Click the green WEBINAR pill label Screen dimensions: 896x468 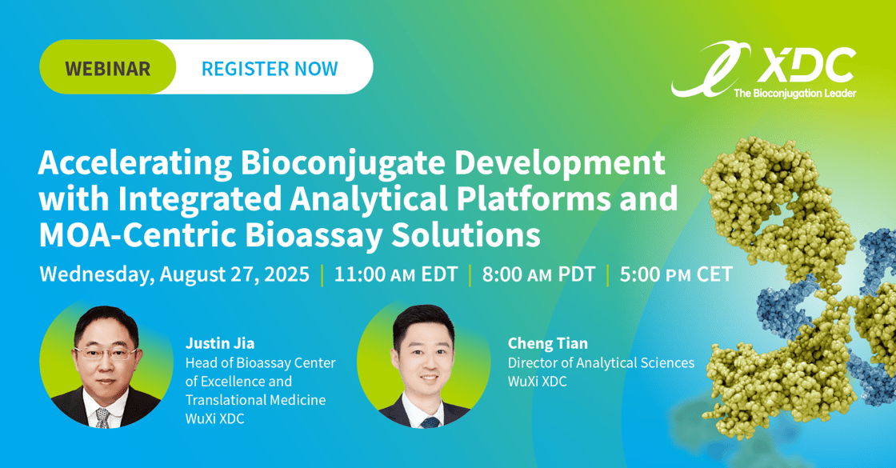(x=107, y=67)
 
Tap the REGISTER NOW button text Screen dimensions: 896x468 (x=270, y=69)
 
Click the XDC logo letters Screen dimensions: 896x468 (x=806, y=66)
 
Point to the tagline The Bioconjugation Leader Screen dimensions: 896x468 (x=795, y=93)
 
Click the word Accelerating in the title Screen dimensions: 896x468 (x=135, y=164)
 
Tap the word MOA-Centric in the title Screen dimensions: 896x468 (x=138, y=235)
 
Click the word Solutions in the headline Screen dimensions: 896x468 (x=466, y=235)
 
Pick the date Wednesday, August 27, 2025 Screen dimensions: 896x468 (x=174, y=274)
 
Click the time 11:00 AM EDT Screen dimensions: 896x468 (x=396, y=274)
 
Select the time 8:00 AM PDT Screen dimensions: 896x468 (x=539, y=274)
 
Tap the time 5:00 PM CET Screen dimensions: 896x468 (x=676, y=274)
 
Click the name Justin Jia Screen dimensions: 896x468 (x=220, y=343)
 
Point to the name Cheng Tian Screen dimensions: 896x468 (x=547, y=343)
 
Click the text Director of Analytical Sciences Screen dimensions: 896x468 (x=601, y=363)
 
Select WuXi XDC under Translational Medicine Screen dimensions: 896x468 (x=215, y=418)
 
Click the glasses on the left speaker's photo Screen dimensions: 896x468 (x=106, y=353)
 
